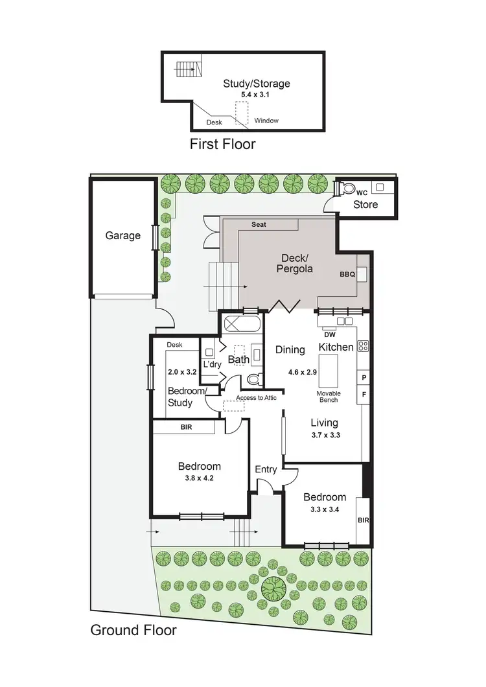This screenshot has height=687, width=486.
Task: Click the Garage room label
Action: tap(123, 236)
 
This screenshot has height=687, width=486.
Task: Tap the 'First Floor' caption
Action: tap(222, 144)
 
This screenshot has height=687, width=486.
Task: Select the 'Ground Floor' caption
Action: tap(133, 630)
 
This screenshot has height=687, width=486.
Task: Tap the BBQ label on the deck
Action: tap(347, 274)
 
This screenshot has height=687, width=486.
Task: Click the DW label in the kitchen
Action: tap(329, 334)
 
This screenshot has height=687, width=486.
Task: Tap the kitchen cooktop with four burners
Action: tap(363, 347)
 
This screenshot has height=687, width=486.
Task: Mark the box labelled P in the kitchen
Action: tap(363, 377)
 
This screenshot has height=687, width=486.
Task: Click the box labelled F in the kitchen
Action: tap(363, 393)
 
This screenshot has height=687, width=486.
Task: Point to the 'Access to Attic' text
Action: tap(256, 397)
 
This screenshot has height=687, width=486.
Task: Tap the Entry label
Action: tap(266, 469)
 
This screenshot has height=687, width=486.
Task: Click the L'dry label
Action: tap(213, 365)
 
